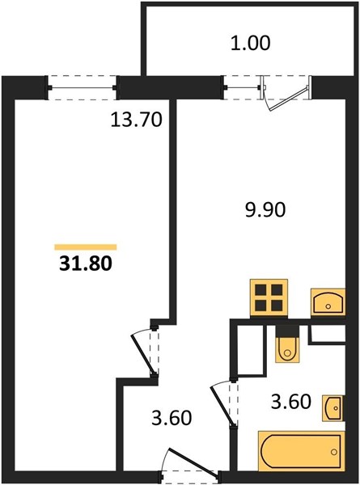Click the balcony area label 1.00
pyautogui.click(x=251, y=43)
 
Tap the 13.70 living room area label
pyautogui.click(x=136, y=120)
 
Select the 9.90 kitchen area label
pyautogui.click(x=265, y=210)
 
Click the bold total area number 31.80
pyautogui.click(x=86, y=264)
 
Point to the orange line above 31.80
pyautogui.click(x=86, y=247)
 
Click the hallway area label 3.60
pyautogui.click(x=172, y=418)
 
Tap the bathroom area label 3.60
pyautogui.click(x=290, y=402)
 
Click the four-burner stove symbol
pyautogui.click(x=269, y=298)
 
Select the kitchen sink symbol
pyautogui.click(x=328, y=302)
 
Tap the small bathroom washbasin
pyautogui.click(x=333, y=408)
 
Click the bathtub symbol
pyautogui.click(x=301, y=452)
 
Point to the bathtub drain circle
pyautogui.click(x=333, y=452)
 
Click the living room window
pyautogui.click(x=82, y=87)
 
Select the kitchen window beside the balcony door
pyautogui.click(x=242, y=87)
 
